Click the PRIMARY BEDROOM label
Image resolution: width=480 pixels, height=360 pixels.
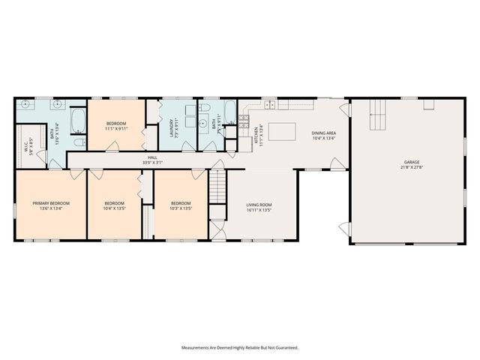coord(51,202)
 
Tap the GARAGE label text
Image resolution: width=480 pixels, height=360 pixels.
coord(411,161)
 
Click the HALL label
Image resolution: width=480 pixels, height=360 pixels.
coord(152,158)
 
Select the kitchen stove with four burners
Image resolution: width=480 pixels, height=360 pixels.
coord(244,121)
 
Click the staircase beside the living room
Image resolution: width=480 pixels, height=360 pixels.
coord(217,182)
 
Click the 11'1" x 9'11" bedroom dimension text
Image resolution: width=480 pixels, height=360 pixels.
coord(116,128)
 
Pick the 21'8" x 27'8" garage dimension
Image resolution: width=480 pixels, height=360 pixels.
coord(411,166)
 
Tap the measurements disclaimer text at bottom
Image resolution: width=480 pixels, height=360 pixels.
coord(239,347)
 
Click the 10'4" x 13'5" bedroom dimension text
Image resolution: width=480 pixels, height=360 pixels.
coord(114,208)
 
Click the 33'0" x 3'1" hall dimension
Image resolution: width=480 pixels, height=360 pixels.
coord(152,163)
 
